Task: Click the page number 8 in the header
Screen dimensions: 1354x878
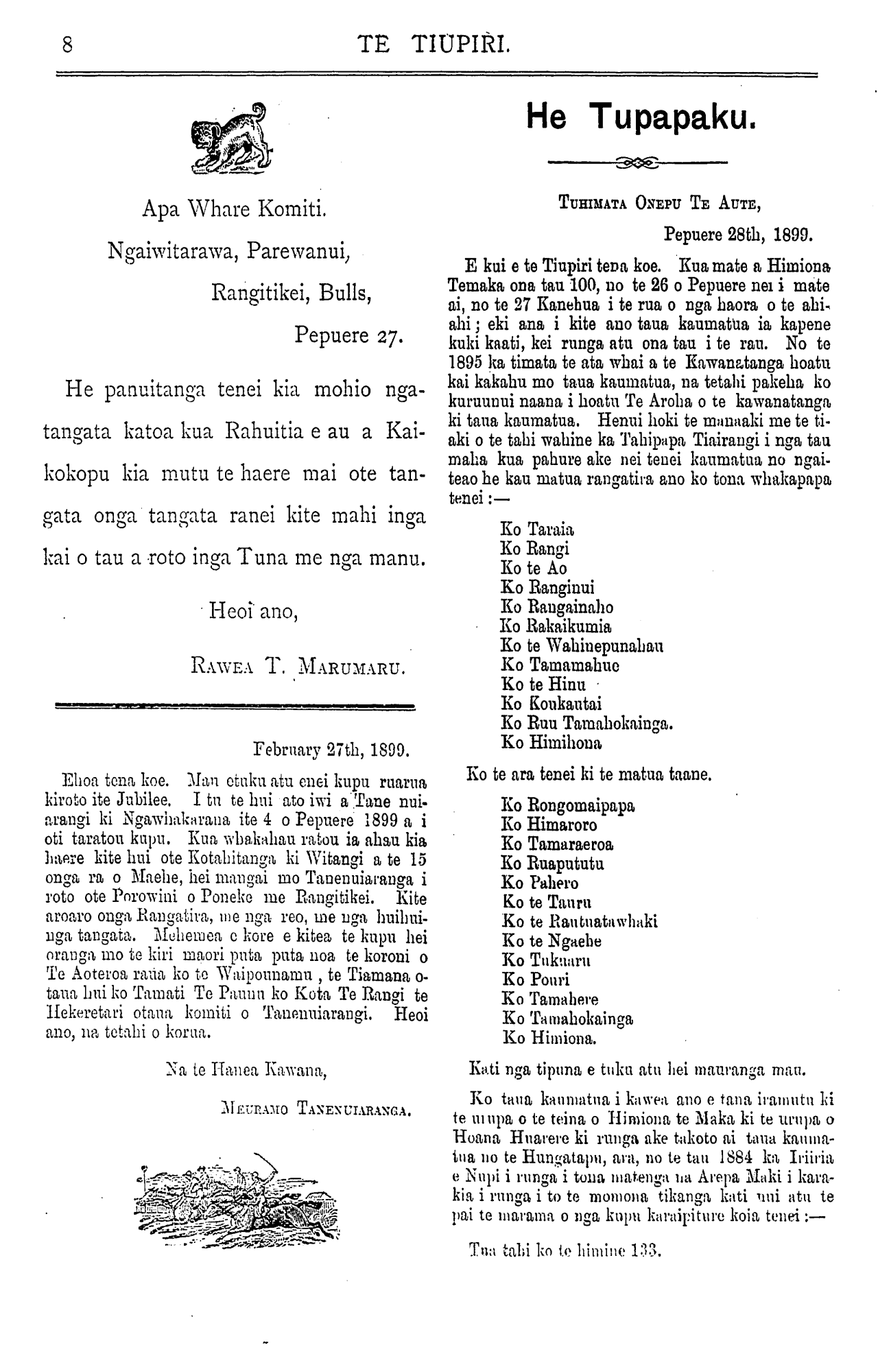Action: pos(67,45)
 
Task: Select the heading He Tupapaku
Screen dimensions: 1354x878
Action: pos(642,117)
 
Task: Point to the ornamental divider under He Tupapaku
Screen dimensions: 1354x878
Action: pos(638,163)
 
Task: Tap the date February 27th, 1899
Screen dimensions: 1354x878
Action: pos(331,748)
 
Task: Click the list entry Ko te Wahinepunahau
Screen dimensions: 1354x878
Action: pos(582,645)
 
